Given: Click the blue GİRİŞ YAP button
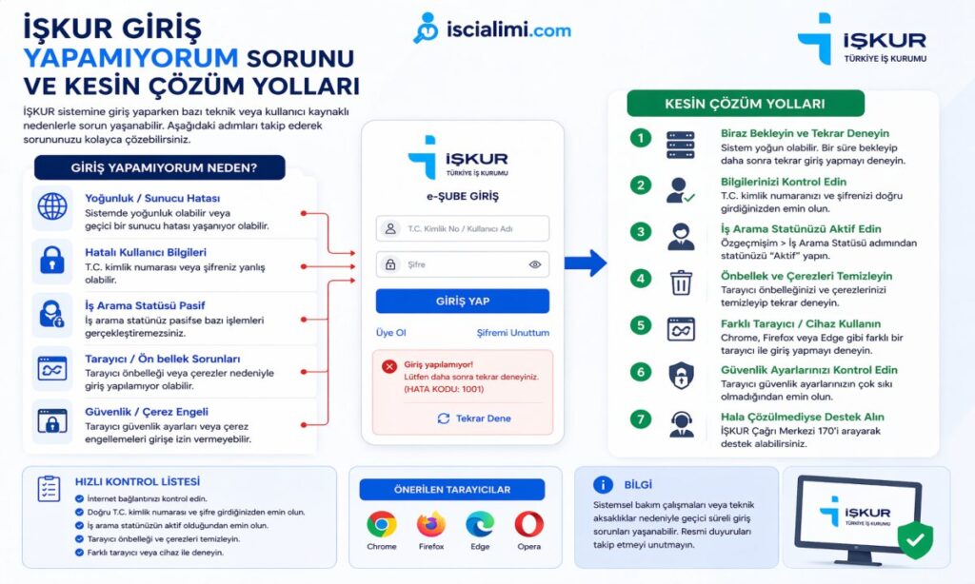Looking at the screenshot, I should [462, 301].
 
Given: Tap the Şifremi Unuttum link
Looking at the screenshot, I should [512, 333].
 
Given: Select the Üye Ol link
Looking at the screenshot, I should [390, 333].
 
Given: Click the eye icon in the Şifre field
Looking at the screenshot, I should [534, 264].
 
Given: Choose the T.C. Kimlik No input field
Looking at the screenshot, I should [462, 228].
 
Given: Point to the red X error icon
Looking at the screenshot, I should [388, 366].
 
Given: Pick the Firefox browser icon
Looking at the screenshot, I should [431, 524].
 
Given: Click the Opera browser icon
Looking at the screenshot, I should [529, 524].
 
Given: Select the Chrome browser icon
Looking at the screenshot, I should [382, 524].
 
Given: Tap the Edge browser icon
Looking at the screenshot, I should [480, 524].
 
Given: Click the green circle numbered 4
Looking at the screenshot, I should [641, 279].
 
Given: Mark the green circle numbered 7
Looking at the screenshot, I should [641, 419].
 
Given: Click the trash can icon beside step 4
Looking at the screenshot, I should [681, 282].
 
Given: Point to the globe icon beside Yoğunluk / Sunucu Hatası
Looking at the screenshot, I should [52, 206].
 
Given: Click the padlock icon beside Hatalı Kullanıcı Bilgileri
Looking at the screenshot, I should [52, 259].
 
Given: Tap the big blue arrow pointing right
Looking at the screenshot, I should [586, 263].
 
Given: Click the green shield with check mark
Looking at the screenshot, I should [915, 539].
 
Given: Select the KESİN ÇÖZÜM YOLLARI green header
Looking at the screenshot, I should [746, 104].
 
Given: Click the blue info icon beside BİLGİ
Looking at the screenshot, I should [602, 485].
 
